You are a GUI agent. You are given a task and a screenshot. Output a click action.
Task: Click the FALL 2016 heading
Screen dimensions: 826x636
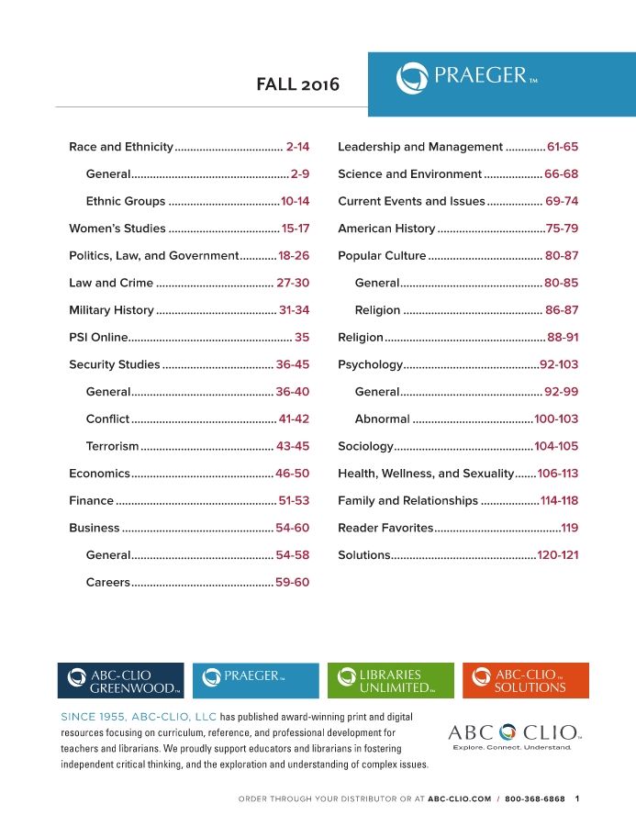click(297, 84)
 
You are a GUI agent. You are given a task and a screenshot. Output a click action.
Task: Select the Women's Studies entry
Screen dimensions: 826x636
click(117, 229)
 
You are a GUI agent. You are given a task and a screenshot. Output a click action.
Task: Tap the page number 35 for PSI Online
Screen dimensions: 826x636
click(302, 338)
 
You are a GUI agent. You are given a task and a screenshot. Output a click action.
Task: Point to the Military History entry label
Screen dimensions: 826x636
click(111, 310)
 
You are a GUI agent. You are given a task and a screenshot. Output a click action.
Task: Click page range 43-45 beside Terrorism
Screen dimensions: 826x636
click(293, 447)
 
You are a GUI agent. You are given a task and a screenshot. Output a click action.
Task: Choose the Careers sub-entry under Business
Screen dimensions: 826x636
click(108, 583)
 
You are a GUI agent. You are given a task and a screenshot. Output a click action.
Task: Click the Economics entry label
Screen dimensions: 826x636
click(100, 474)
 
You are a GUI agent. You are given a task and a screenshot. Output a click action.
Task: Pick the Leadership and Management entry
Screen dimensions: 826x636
click(420, 147)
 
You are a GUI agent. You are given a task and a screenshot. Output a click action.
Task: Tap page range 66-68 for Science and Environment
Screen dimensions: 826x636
click(561, 174)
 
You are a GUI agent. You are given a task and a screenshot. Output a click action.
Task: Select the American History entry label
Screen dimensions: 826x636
click(386, 229)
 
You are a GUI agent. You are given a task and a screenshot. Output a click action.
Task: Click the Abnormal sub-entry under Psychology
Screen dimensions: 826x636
click(382, 419)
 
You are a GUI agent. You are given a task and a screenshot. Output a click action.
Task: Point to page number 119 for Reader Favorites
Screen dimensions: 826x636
click(569, 529)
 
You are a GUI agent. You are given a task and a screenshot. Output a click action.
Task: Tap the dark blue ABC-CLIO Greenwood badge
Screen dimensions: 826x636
click(120, 680)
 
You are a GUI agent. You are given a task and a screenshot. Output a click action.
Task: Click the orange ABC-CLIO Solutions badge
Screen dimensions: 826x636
click(526, 680)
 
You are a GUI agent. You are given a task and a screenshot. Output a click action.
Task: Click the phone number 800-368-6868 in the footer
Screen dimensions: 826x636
click(536, 799)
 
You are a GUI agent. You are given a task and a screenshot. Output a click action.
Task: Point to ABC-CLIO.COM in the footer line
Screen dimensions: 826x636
click(460, 799)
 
